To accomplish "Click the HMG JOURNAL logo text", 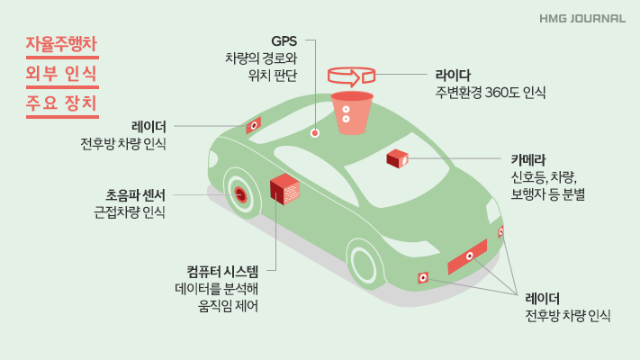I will click(x=582, y=17).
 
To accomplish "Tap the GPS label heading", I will click(x=284, y=40).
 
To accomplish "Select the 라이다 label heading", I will click(x=453, y=74).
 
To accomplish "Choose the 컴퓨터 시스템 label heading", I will click(x=222, y=271).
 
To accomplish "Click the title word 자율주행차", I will click(x=62, y=43).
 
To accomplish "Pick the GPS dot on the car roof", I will click(x=315, y=133).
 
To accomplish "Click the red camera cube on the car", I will click(x=397, y=159).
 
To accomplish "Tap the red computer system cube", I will click(x=284, y=189).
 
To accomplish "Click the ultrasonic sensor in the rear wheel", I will click(x=240, y=193).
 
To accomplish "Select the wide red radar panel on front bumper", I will click(x=467, y=256).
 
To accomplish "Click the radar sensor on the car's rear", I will click(x=254, y=125).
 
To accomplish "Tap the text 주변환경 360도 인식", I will click(x=490, y=92).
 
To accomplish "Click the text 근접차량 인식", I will click(x=130, y=212).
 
